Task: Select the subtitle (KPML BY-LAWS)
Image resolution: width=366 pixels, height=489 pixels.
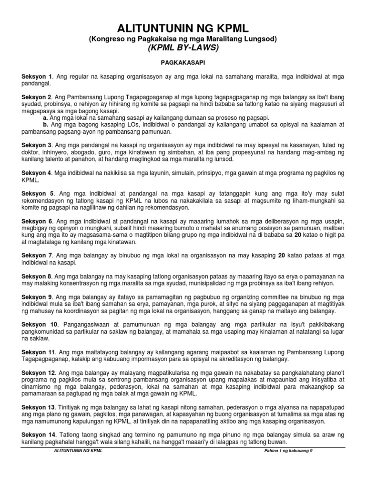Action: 183,48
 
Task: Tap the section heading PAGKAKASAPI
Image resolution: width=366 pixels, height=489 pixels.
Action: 183,63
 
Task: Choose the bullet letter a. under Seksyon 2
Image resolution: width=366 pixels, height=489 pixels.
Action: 45,117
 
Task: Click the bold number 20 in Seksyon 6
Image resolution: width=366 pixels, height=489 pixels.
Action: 298,235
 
